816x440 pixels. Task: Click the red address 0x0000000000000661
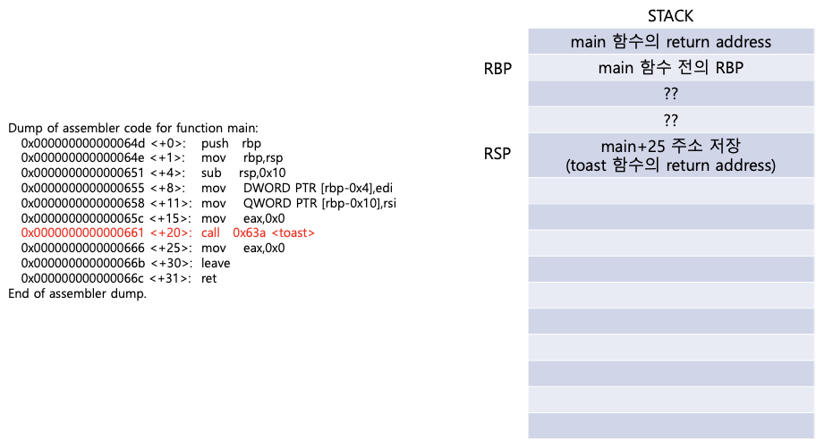click(82, 233)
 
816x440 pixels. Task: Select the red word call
click(211, 233)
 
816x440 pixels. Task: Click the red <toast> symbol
click(293, 233)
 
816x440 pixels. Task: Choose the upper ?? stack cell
click(671, 94)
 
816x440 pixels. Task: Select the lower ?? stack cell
click(671, 120)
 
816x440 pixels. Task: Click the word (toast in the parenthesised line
click(586, 165)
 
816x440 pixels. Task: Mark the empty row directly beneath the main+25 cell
click(671, 190)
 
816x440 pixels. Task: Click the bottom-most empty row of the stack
click(671, 426)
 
